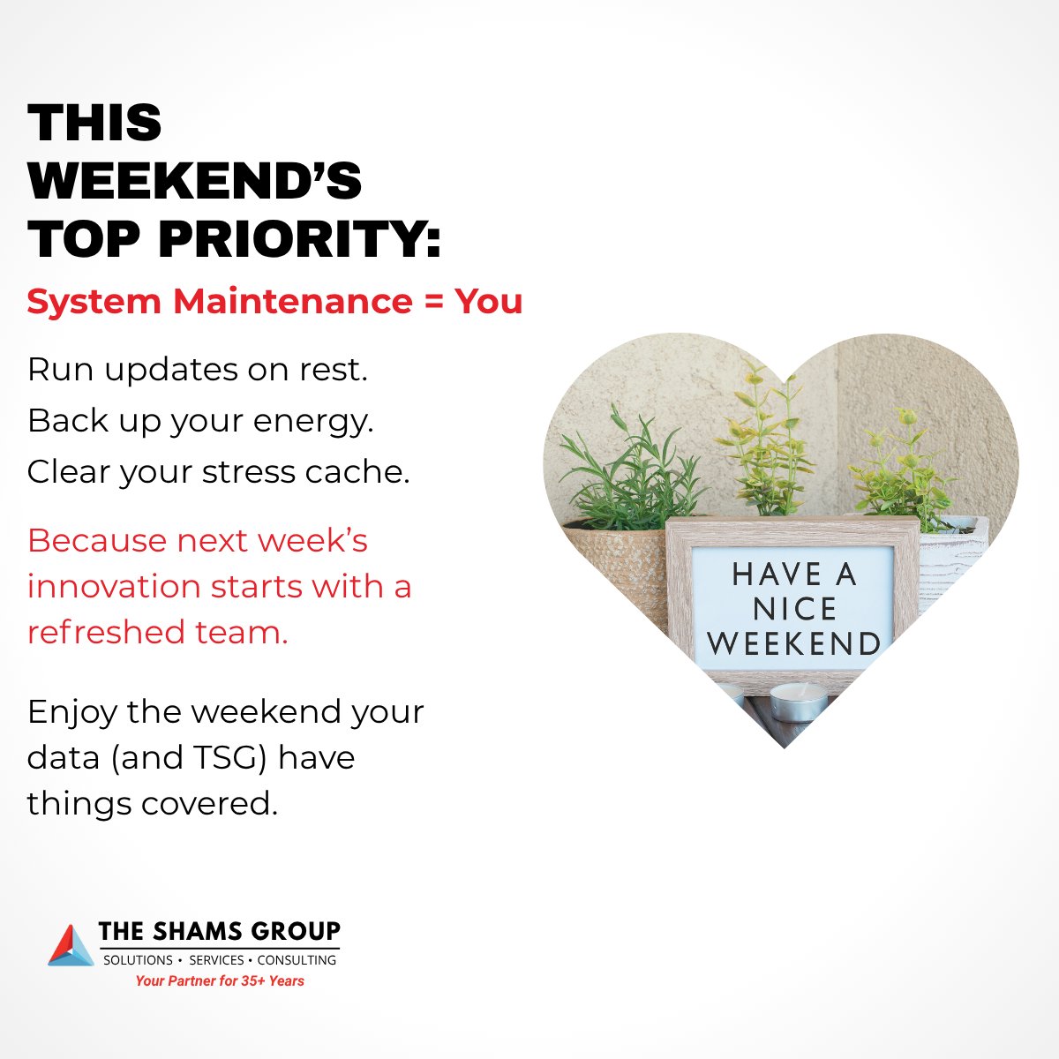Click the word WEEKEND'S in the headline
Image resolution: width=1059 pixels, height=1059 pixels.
pos(195,181)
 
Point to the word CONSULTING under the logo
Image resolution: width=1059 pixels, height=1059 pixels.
pos(297,960)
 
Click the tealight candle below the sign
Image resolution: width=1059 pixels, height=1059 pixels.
pos(799,701)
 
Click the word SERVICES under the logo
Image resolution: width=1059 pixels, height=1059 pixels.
pos(216,960)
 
